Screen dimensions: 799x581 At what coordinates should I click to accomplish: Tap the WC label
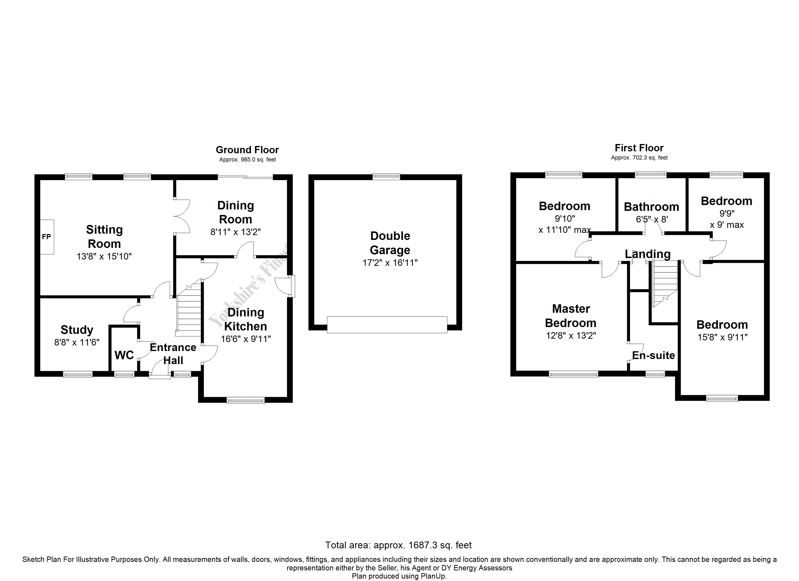(124, 355)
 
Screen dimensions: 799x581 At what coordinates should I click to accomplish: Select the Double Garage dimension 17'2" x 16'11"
(390, 262)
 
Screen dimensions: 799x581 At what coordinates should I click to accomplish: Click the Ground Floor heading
(247, 150)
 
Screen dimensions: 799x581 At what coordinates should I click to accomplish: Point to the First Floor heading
(639, 148)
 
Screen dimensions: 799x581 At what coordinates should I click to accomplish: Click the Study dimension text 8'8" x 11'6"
(77, 342)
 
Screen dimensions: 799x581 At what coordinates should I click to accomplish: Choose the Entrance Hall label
(173, 354)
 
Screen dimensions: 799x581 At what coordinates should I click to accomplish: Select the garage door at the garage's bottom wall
(387, 324)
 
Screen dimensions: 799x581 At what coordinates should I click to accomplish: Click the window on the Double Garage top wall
(386, 176)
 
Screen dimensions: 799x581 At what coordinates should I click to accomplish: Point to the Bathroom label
(651, 207)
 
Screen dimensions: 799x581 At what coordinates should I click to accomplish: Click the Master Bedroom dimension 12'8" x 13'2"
(571, 336)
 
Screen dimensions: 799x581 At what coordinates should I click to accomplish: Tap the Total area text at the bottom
(398, 545)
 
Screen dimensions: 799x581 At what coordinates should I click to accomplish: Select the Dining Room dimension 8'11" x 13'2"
(235, 232)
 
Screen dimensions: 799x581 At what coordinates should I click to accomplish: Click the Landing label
(647, 254)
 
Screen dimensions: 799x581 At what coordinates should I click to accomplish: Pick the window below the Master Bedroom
(573, 374)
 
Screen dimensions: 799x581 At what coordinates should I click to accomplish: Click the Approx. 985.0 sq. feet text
(247, 160)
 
